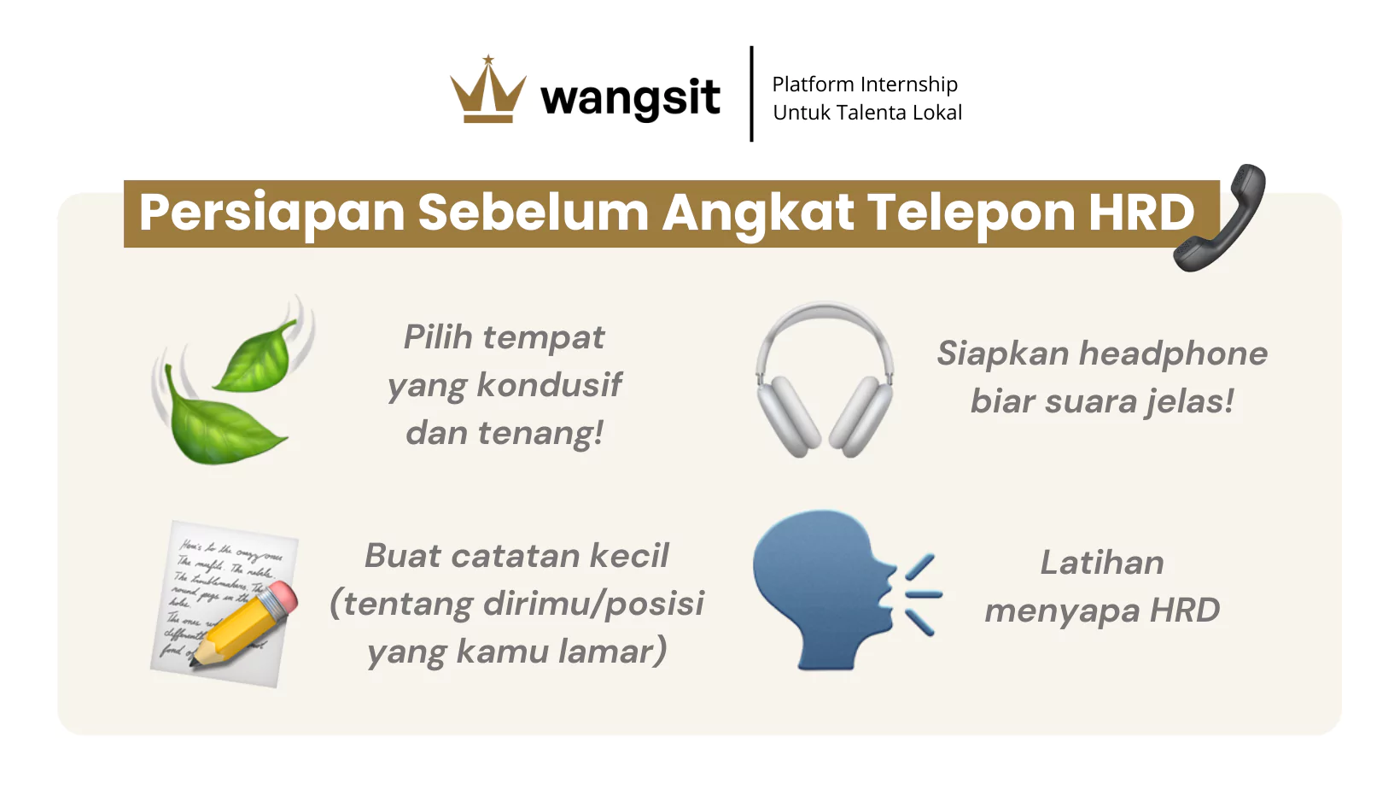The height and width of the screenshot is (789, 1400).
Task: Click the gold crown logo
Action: tap(488, 90)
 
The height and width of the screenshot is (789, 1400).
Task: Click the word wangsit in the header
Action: tap(630, 99)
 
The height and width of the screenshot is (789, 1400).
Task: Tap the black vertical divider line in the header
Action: tap(751, 94)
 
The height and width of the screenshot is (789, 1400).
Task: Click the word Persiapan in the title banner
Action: tap(271, 213)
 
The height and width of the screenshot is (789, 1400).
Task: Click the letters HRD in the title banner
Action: tap(1142, 213)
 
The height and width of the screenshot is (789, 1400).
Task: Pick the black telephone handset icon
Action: tap(1219, 218)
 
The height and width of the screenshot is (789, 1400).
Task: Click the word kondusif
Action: tap(550, 384)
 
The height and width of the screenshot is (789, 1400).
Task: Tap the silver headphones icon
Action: tap(825, 379)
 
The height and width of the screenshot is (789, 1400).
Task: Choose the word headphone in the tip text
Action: tap(1173, 354)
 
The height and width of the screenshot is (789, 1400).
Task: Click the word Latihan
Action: tap(1102, 563)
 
